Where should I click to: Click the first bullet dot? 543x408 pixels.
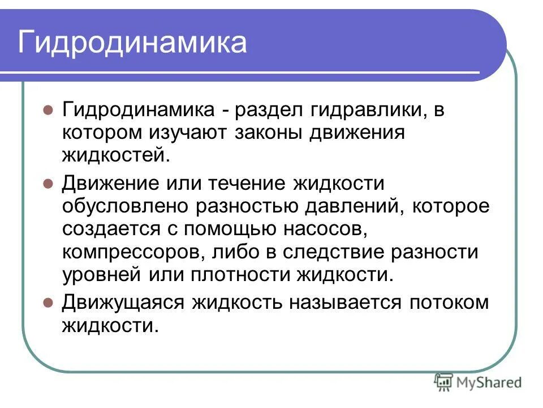pyautogui.click(x=48, y=109)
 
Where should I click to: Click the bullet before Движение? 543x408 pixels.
pyautogui.click(x=48, y=183)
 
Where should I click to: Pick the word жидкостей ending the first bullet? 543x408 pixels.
pyautogui.click(x=115, y=155)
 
